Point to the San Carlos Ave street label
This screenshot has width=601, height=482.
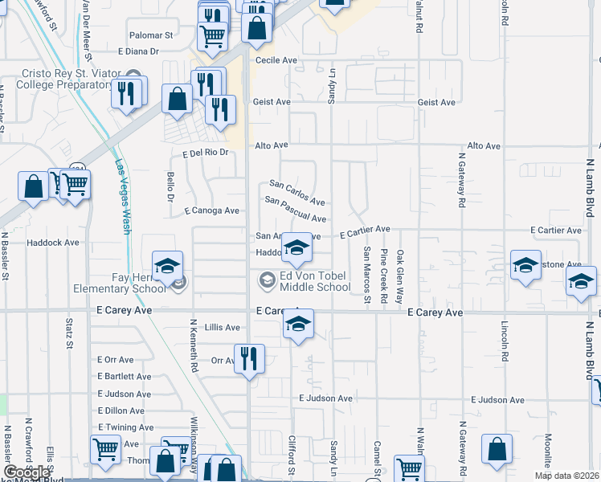(x=296, y=192)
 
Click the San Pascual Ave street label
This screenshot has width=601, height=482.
(x=295, y=210)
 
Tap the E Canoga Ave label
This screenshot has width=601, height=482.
(x=211, y=210)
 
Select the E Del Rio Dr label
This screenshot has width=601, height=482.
(x=206, y=153)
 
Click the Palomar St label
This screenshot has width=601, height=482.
(x=151, y=36)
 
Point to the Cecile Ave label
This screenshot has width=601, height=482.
(x=272, y=60)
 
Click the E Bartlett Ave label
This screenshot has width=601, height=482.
(x=124, y=376)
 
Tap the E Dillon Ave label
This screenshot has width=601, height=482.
(x=120, y=411)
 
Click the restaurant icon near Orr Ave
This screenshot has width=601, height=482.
(x=248, y=358)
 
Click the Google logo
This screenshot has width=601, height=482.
(x=26, y=472)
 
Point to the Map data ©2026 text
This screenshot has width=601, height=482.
(x=566, y=476)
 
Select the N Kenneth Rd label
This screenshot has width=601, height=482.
(x=194, y=345)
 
